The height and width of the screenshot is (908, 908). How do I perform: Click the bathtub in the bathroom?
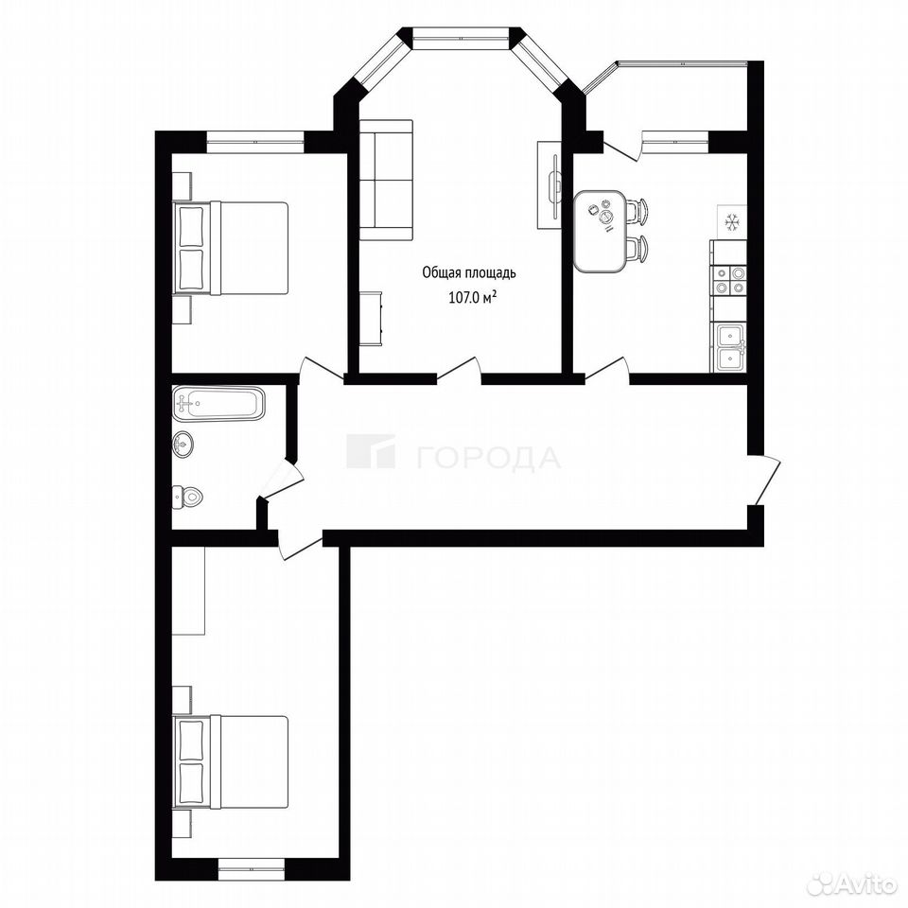[218, 403]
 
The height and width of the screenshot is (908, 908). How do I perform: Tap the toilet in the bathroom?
[187, 497]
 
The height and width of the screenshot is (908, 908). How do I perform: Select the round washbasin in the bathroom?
[183, 445]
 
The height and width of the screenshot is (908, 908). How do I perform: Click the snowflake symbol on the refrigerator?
[732, 220]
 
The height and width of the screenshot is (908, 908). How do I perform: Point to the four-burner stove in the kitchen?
[729, 280]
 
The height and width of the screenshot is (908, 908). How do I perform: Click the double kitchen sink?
[730, 347]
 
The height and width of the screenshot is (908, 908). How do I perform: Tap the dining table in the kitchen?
[600, 232]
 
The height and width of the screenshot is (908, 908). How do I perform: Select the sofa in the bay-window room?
[386, 180]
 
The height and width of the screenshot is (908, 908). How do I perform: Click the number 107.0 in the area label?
[465, 298]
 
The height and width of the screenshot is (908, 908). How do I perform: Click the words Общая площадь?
[469, 272]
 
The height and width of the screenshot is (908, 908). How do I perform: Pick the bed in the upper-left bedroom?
[231, 248]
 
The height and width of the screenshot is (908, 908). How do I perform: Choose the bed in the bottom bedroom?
[231, 762]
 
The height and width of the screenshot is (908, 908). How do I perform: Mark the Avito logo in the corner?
[853, 884]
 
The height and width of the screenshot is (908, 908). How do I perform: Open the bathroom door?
[282, 480]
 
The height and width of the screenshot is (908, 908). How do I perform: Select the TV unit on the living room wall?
[549, 184]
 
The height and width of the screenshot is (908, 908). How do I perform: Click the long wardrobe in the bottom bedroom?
[189, 590]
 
